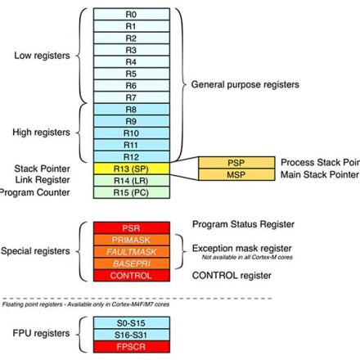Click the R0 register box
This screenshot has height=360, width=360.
[x=131, y=14]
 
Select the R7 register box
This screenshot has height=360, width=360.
[x=131, y=97]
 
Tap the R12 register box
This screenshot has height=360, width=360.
[x=131, y=155]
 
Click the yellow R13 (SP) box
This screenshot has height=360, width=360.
[x=131, y=168]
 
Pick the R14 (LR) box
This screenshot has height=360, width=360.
[x=131, y=180]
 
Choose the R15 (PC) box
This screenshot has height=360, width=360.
[x=131, y=192]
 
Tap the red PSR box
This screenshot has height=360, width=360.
[x=131, y=227]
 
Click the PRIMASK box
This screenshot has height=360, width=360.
[x=131, y=239]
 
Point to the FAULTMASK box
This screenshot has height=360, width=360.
[x=131, y=251]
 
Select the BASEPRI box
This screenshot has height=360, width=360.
[x=131, y=263]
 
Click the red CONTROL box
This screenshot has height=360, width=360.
[x=131, y=276]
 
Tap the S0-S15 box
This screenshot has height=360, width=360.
[x=131, y=323]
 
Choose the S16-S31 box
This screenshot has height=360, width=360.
[x=131, y=335]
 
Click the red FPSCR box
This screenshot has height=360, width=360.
[x=131, y=348]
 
